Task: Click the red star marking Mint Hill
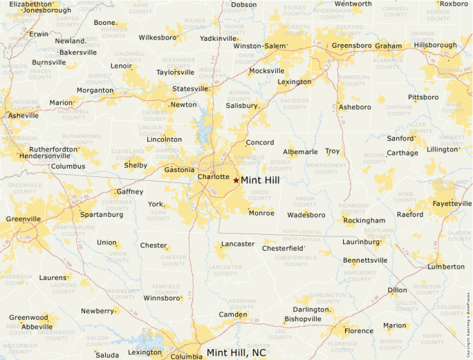coord(236,180)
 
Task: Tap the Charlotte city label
coord(213,177)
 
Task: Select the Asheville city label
coord(24,115)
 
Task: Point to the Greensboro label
coord(352,46)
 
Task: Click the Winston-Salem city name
coord(259,46)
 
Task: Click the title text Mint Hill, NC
coord(236,352)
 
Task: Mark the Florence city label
coord(359,331)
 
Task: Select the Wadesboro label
coord(306,214)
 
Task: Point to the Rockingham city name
coord(364,220)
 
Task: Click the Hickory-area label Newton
coord(183,105)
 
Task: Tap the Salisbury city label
coord(242,106)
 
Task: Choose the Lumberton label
coord(446,266)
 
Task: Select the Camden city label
coord(233,314)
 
